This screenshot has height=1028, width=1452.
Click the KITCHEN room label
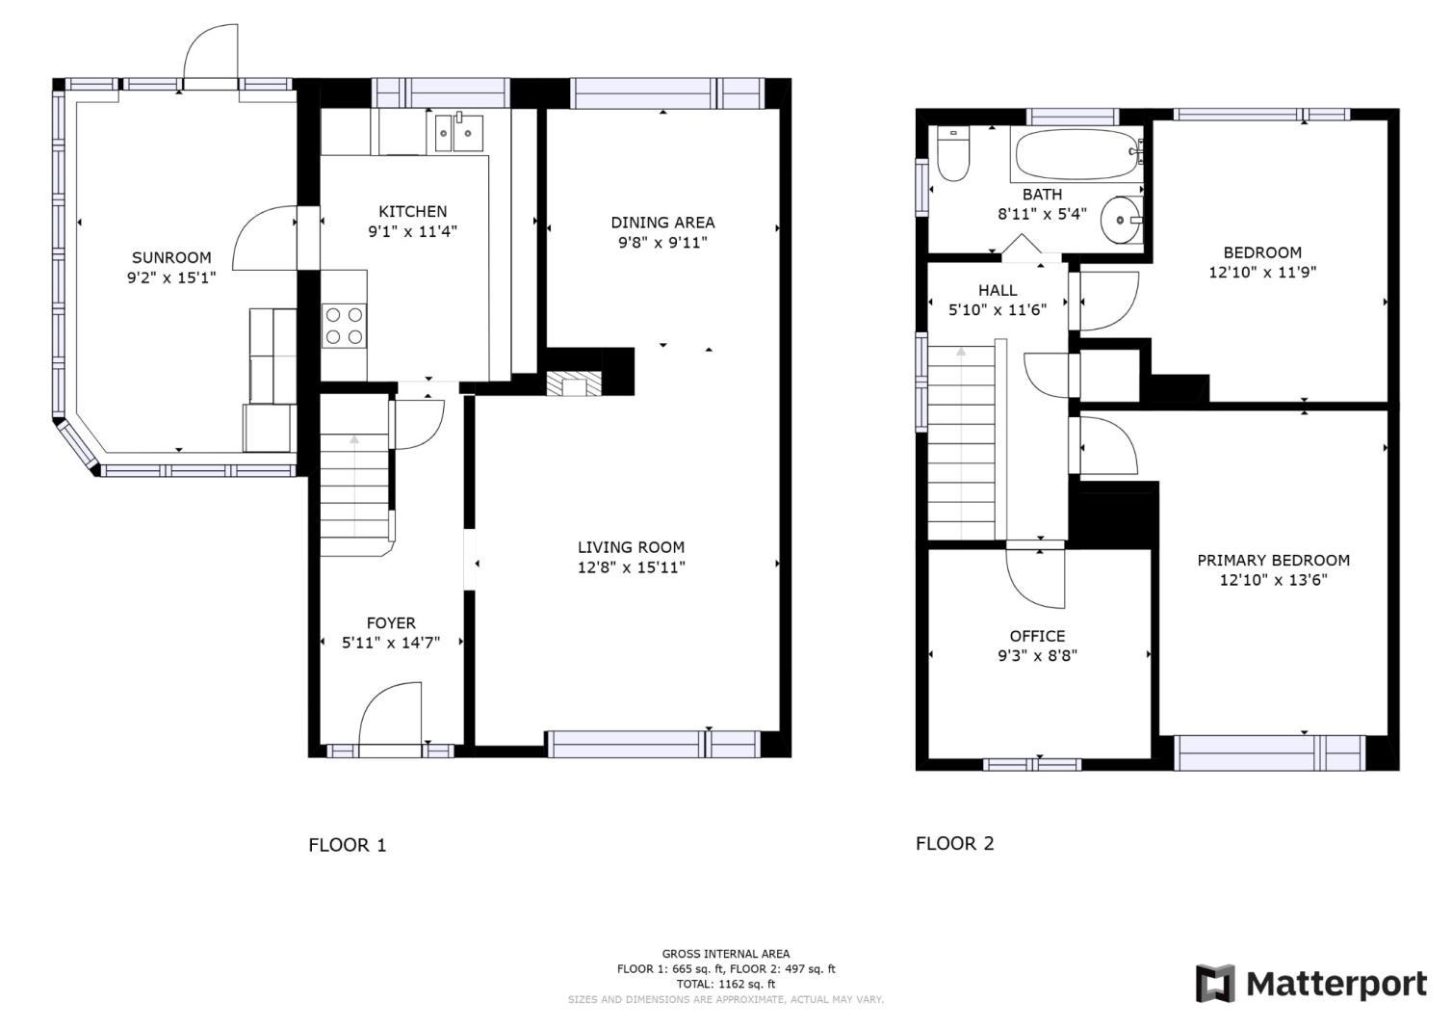pos(412,211)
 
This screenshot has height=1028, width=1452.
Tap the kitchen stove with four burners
pos(344,325)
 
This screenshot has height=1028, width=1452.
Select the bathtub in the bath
pos(1076,154)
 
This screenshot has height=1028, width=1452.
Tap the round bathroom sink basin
pos(1120,220)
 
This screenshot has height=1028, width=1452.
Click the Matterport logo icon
pos(1215,984)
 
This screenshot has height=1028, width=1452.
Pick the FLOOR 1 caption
pos(347,845)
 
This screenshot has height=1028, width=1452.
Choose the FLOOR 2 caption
pos(954,843)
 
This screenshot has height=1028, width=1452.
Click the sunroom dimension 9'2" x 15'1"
pos(171,278)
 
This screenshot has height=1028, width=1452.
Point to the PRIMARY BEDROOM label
pos(1273,560)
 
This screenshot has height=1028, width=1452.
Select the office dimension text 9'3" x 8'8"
pos(1037,656)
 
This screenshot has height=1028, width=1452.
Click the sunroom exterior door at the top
pos(210,56)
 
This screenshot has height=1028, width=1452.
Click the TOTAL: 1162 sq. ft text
pos(725,984)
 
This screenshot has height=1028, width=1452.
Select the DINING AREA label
pos(662,222)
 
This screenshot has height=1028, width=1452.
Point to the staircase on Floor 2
pos(962,443)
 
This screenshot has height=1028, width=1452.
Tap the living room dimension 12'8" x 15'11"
pos(631,567)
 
